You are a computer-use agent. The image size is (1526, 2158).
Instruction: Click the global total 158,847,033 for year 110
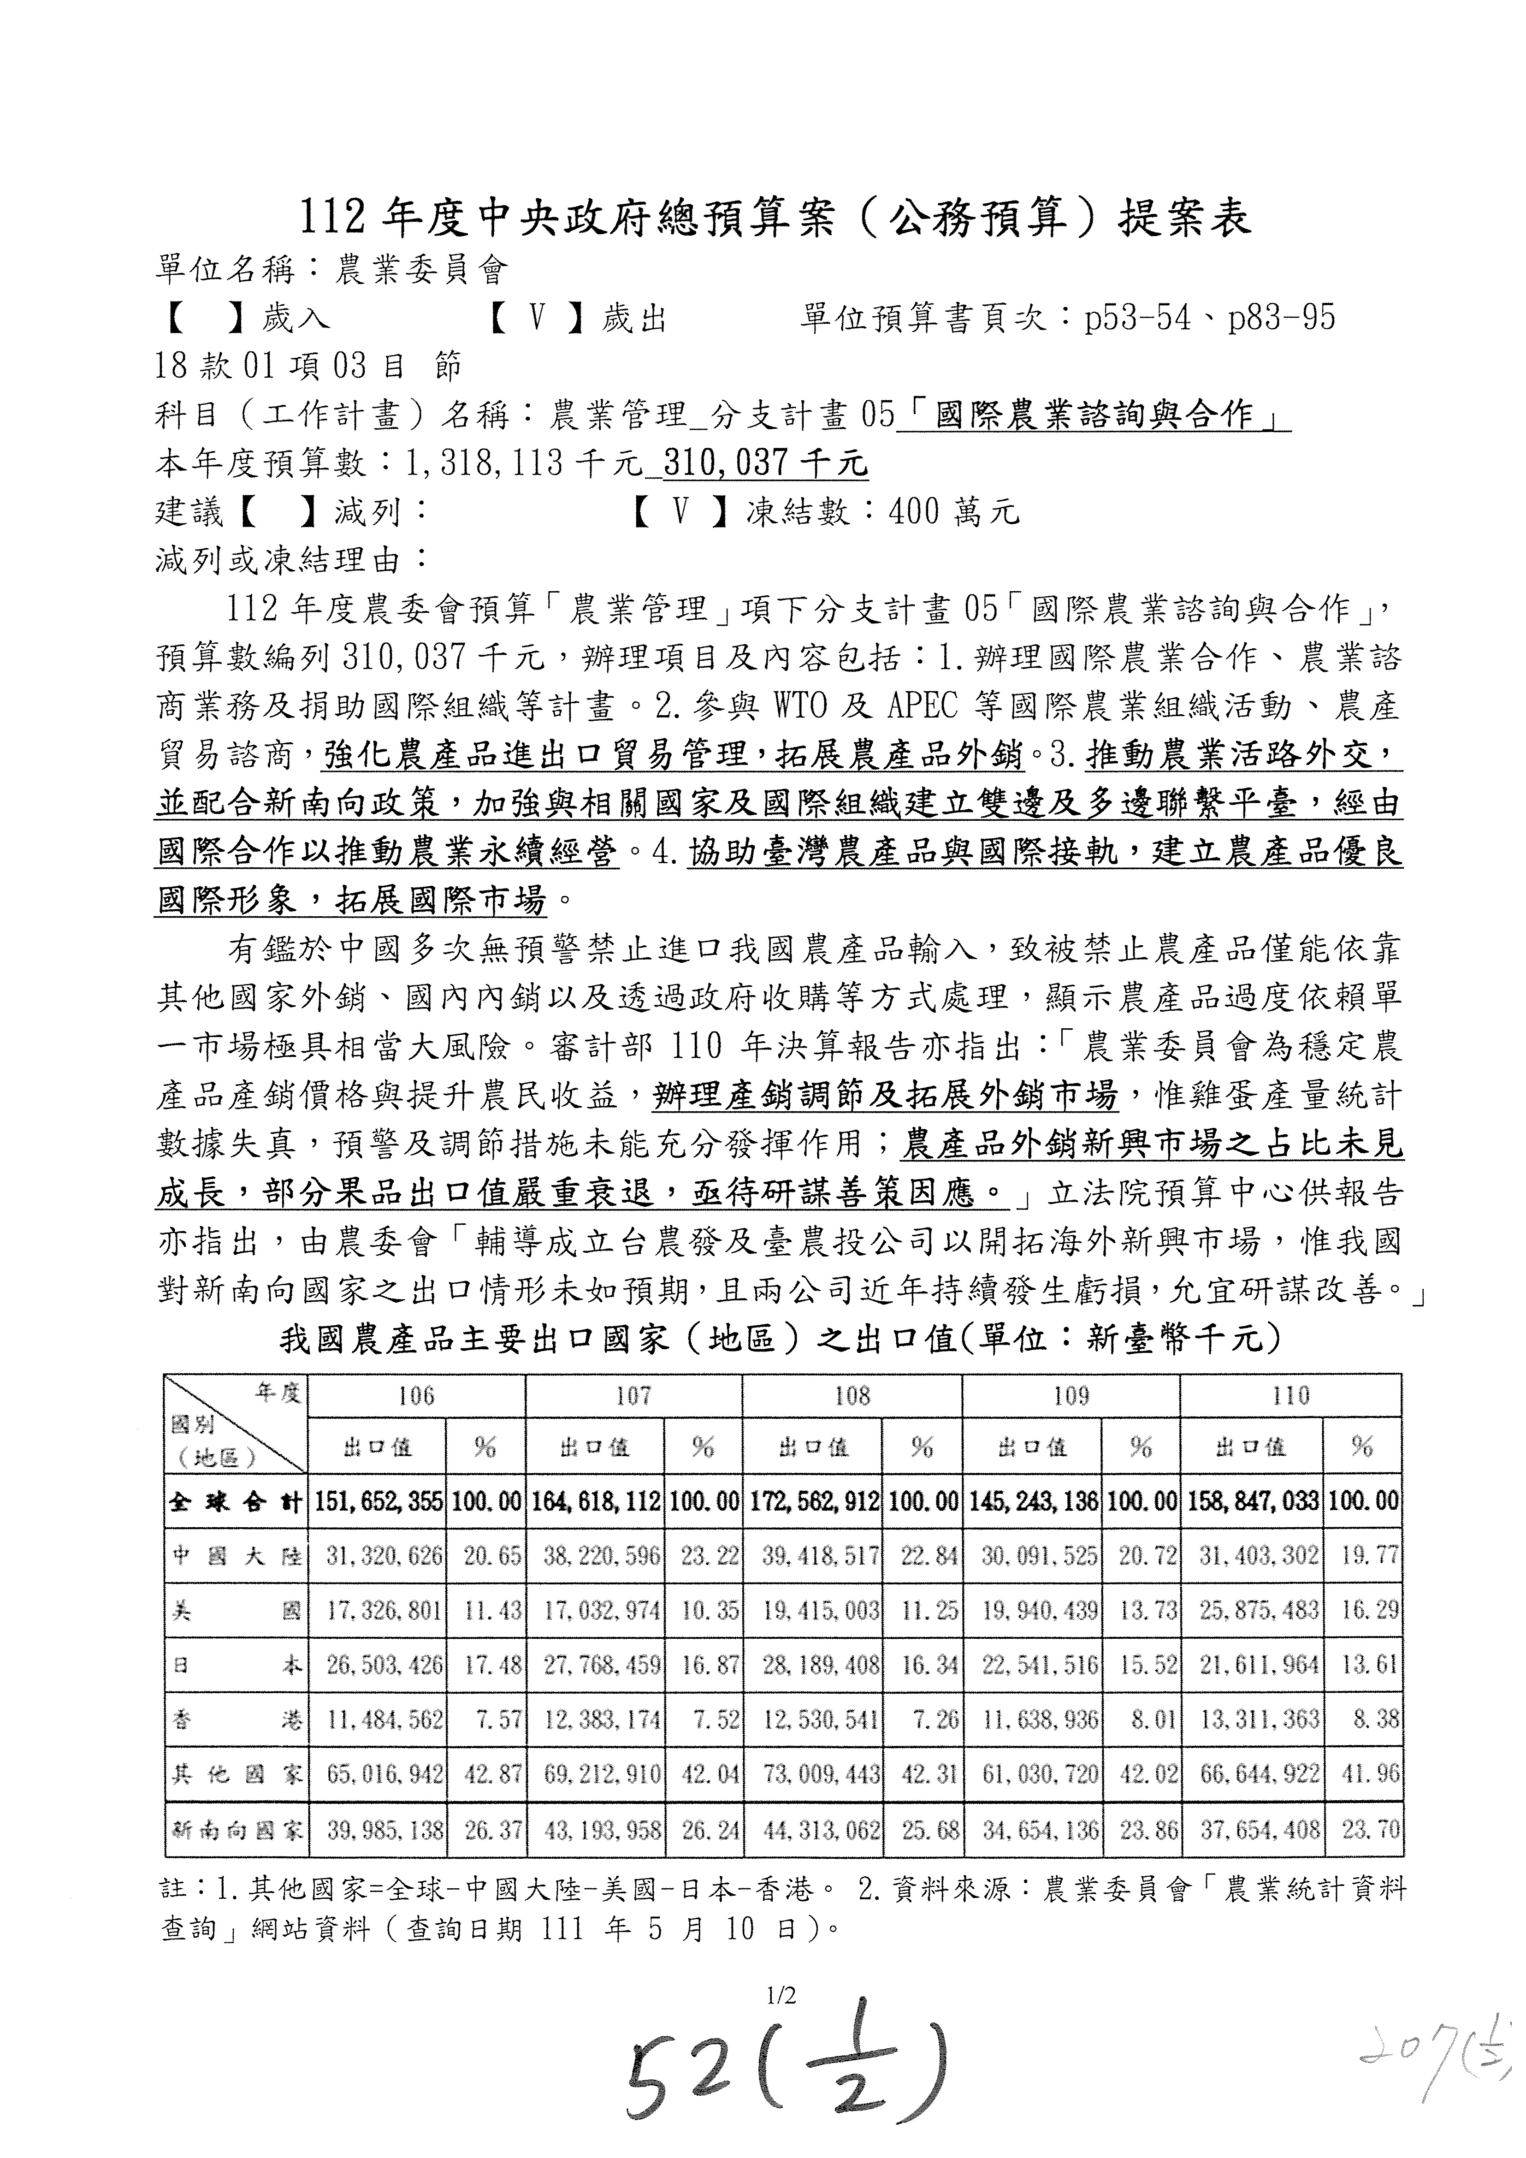tap(1250, 1501)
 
